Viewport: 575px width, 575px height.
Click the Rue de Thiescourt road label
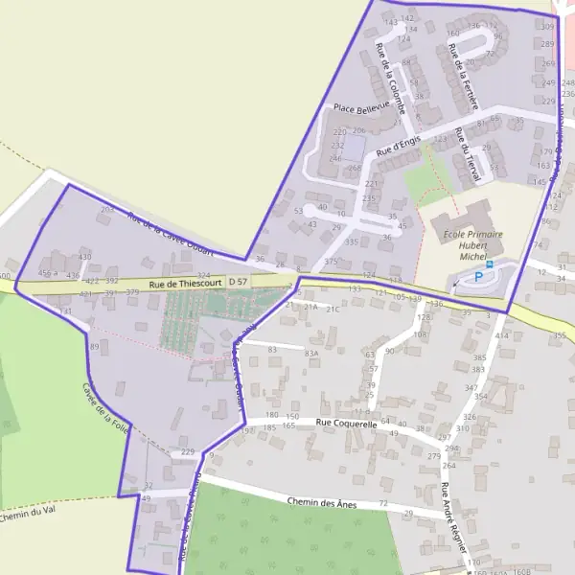pos(187,282)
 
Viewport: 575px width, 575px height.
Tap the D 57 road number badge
pos(239,281)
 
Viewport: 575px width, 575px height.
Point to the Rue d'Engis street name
pos(399,146)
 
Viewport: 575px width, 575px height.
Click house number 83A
pos(311,354)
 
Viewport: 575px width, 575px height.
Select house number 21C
pos(333,310)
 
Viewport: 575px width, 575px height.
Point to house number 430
pos(84,257)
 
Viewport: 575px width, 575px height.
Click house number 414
pos(501,336)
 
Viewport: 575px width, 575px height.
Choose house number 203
pos(107,209)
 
